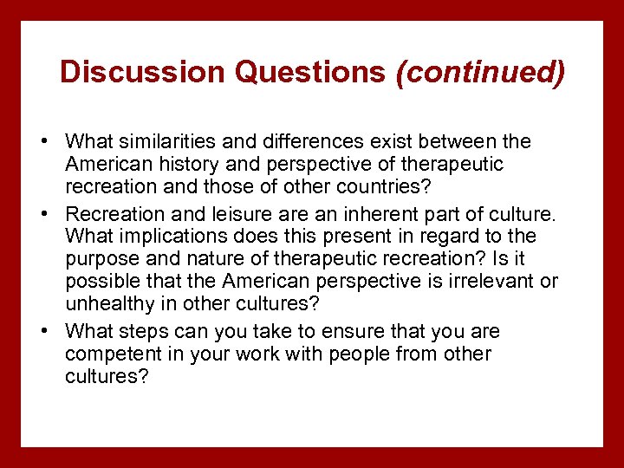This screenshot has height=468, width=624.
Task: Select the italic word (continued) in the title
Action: [480, 72]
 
